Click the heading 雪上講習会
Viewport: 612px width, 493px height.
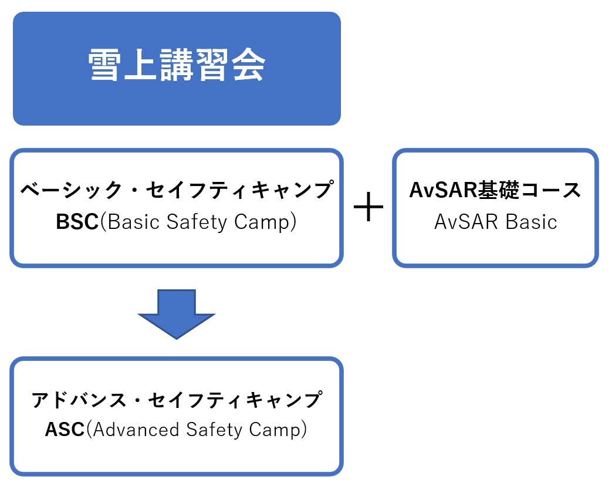pyautogui.click(x=177, y=65)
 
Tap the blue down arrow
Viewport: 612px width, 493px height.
pyautogui.click(x=177, y=314)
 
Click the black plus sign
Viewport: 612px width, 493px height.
pyautogui.click(x=368, y=207)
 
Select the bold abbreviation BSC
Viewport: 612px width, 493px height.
pyautogui.click(x=77, y=222)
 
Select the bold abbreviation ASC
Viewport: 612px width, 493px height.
pyautogui.click(x=65, y=430)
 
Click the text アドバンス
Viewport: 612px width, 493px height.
pyautogui.click(x=79, y=400)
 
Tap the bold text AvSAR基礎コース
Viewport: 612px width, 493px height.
pyautogui.click(x=495, y=190)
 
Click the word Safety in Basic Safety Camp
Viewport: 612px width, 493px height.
pyautogui.click(x=197, y=222)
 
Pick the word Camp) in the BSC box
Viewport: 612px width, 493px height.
pyautogui.click(x=265, y=222)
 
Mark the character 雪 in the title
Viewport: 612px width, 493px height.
pyautogui.click(x=103, y=65)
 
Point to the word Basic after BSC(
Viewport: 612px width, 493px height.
pyautogui.click(x=133, y=222)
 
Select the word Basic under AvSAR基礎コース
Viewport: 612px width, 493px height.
pyautogui.click(x=531, y=222)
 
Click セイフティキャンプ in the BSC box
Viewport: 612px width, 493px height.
pyautogui.click(x=239, y=190)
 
